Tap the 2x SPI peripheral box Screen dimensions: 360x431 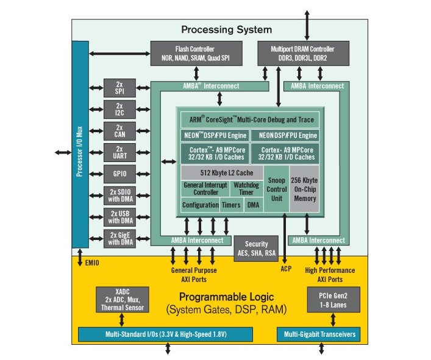coord(119,88)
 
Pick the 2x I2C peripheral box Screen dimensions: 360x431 coord(119,109)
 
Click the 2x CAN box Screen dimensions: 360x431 coord(119,130)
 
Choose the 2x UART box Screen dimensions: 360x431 coord(119,152)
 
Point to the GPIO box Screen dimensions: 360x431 coord(119,174)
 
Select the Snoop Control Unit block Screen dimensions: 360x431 coord(276,189)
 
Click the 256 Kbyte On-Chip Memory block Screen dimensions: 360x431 coord(304,189)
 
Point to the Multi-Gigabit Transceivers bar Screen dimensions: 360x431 coord(317,334)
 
